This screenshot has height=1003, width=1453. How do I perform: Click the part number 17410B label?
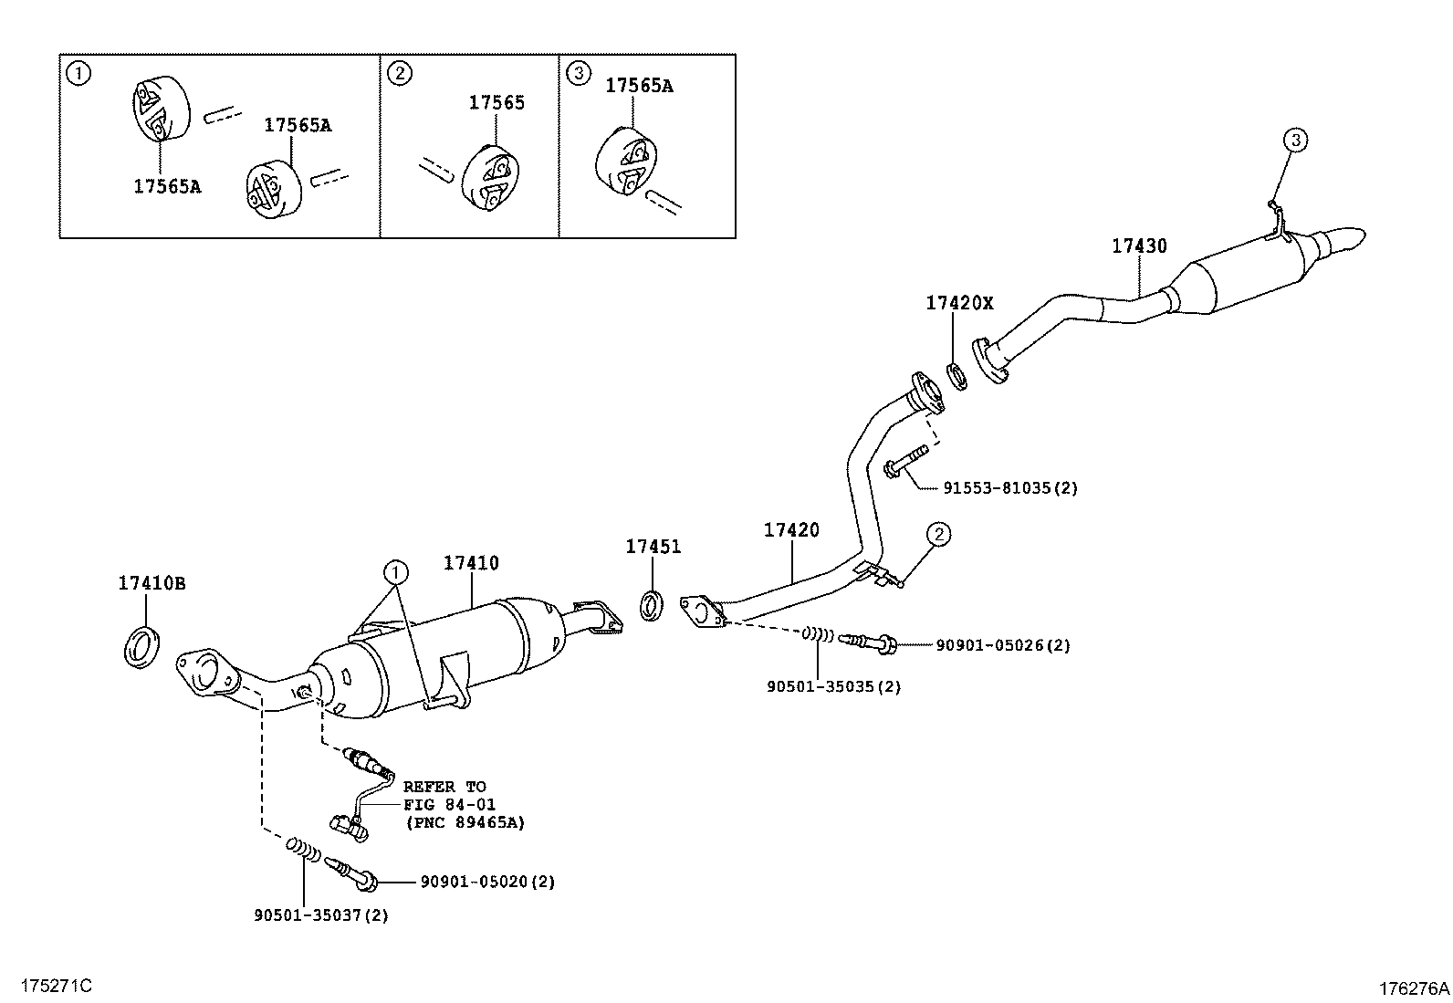click(x=152, y=583)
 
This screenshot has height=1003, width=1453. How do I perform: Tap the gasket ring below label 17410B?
click(x=141, y=647)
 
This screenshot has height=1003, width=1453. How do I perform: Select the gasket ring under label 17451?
click(x=652, y=605)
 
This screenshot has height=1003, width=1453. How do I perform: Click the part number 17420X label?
click(x=958, y=303)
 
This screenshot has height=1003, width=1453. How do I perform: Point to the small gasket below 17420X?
click(x=956, y=375)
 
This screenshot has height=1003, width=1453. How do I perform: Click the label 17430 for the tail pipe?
click(x=1138, y=246)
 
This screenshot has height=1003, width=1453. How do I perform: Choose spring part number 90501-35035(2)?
click(x=833, y=686)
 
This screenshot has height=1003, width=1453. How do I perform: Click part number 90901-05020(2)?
click(x=487, y=882)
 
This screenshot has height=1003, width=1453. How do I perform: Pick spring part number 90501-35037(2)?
click(x=320, y=914)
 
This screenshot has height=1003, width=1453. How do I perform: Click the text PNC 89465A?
click(x=465, y=822)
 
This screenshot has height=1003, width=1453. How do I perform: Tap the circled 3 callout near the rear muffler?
click(x=1295, y=140)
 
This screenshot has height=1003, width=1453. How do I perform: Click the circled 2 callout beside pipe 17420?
click(x=939, y=534)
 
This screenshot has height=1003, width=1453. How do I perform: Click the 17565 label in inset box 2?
click(x=497, y=103)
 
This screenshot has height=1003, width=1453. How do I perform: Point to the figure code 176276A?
click(x=1414, y=987)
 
